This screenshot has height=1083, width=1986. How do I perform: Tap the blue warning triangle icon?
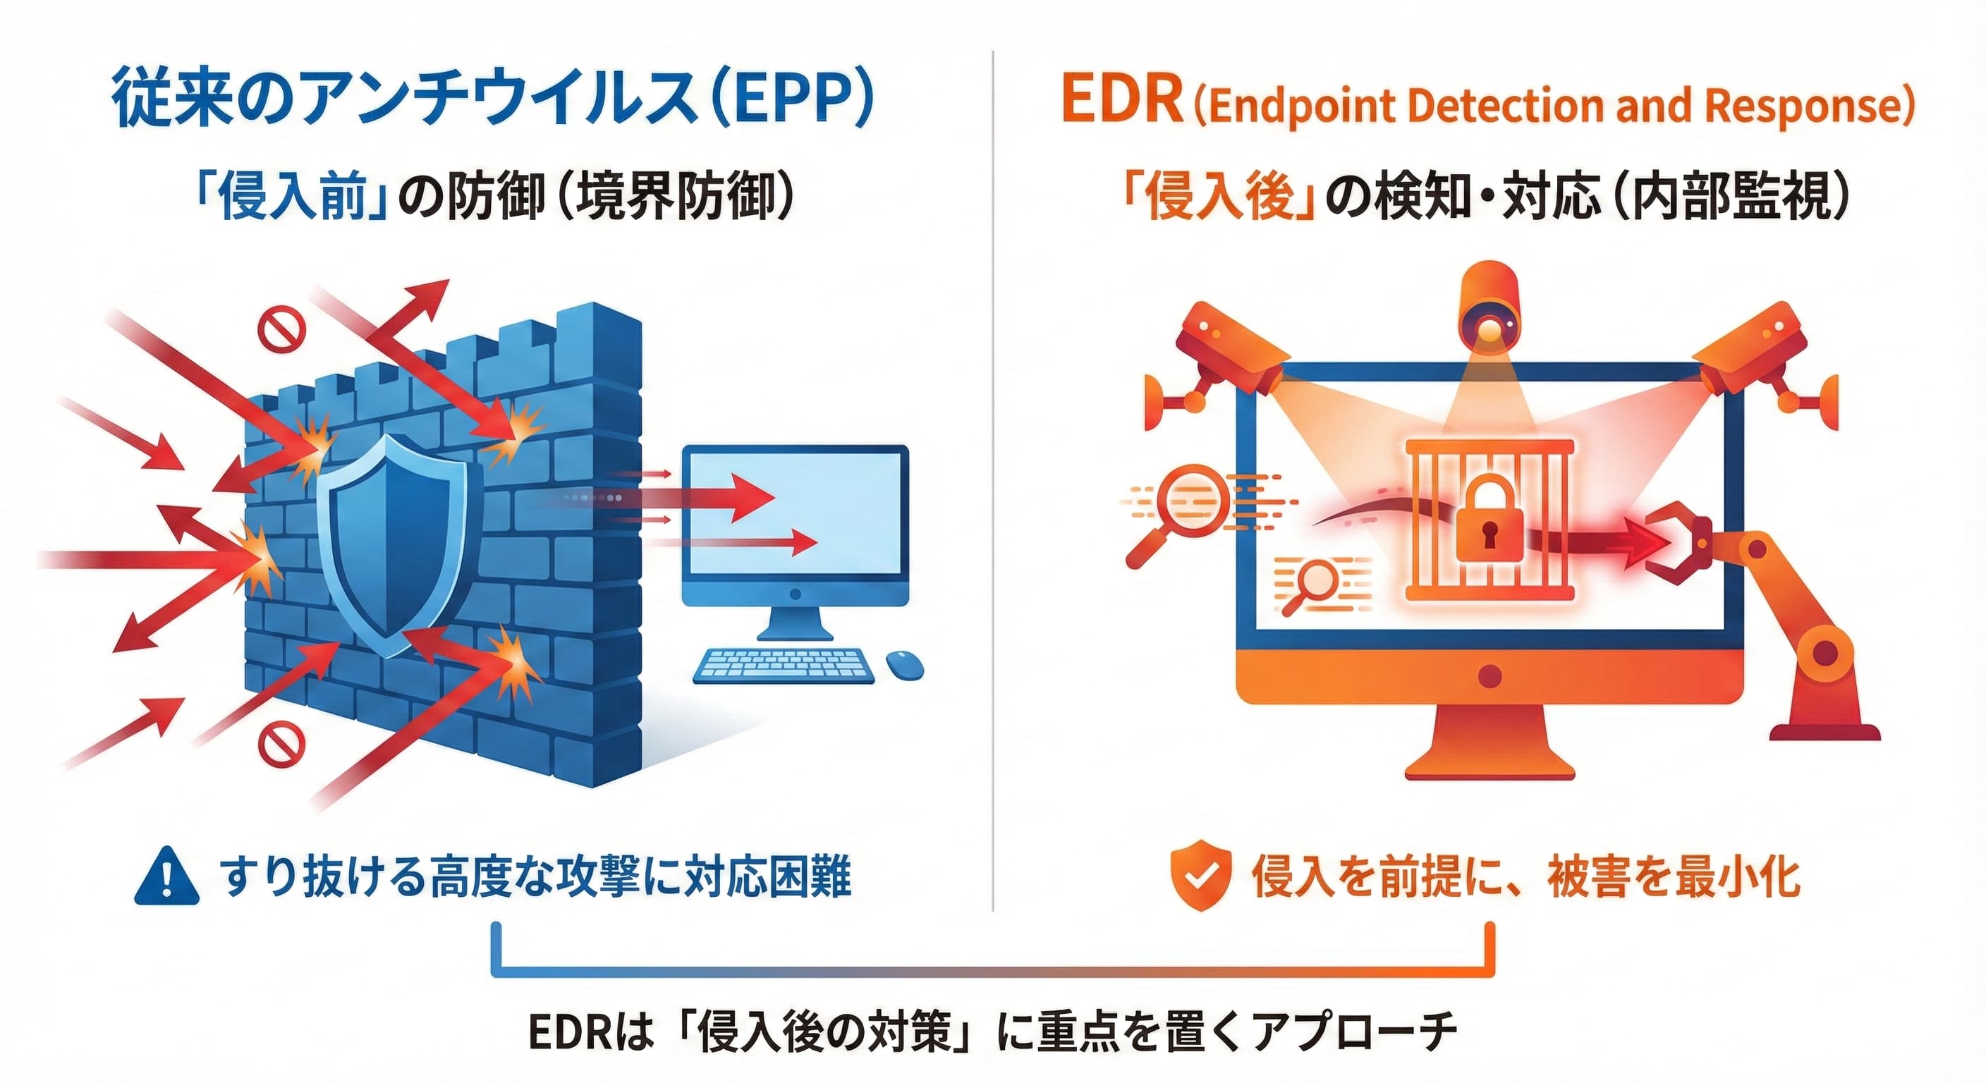pyautogui.click(x=166, y=876)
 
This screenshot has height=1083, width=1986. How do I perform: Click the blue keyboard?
pyautogui.click(x=784, y=664)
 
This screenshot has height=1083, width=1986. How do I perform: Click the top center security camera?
pyautogui.click(x=1489, y=308)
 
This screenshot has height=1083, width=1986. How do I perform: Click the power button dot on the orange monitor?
pyautogui.click(x=1490, y=676)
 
